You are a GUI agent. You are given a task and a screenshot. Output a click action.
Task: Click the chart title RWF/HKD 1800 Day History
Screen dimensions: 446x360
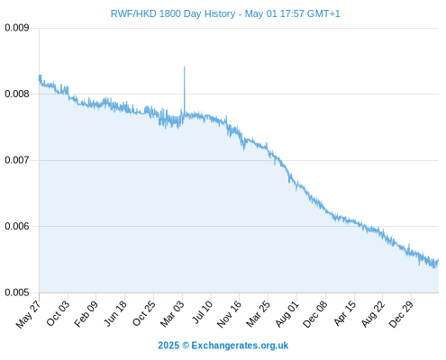pyautogui.click(x=173, y=13)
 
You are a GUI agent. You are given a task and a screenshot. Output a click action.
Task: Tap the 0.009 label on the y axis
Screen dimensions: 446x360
pyautogui.click(x=17, y=28)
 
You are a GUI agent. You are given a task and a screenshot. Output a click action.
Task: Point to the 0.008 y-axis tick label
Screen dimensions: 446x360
pyautogui.click(x=17, y=94)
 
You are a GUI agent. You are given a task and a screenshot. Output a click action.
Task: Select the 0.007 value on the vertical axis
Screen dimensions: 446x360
pyautogui.click(x=17, y=160)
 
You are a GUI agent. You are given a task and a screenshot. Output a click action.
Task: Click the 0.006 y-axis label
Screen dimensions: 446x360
pyautogui.click(x=17, y=226)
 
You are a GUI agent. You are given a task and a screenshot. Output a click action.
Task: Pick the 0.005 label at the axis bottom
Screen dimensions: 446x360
pyautogui.click(x=17, y=292)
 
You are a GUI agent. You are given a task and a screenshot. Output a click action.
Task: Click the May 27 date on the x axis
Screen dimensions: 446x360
pyautogui.click(x=28, y=314)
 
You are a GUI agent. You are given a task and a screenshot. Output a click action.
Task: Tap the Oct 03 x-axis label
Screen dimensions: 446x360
pyautogui.click(x=58, y=313)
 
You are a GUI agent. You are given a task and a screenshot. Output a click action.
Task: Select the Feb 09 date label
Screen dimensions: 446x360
pyautogui.click(x=86, y=313)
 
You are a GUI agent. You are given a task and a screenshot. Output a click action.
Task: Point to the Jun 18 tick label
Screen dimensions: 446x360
pyautogui.click(x=115, y=313)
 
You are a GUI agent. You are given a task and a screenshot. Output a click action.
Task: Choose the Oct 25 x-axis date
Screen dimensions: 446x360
pyautogui.click(x=144, y=313)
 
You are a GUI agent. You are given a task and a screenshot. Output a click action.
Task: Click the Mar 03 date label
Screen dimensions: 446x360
pyautogui.click(x=172, y=314)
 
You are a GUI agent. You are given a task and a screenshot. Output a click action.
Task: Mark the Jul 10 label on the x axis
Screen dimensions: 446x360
pyautogui.click(x=203, y=312)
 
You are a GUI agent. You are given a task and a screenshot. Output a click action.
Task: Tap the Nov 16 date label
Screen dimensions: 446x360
pyautogui.click(x=229, y=314)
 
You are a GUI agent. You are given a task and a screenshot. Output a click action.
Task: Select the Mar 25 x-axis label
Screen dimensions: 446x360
pyautogui.click(x=258, y=314)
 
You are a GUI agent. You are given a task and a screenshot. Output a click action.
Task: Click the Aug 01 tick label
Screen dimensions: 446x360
pyautogui.click(x=287, y=314)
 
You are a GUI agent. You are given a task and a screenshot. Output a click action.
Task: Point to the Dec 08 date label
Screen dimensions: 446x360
pyautogui.click(x=315, y=314)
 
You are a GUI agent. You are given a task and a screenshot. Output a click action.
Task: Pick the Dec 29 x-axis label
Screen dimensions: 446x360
pyautogui.click(x=401, y=314)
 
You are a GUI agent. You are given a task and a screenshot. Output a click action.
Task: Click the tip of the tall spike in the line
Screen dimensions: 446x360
pyautogui.click(x=184, y=67)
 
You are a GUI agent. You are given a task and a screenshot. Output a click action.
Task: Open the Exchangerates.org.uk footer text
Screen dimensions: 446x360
pyautogui.click(x=240, y=346)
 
